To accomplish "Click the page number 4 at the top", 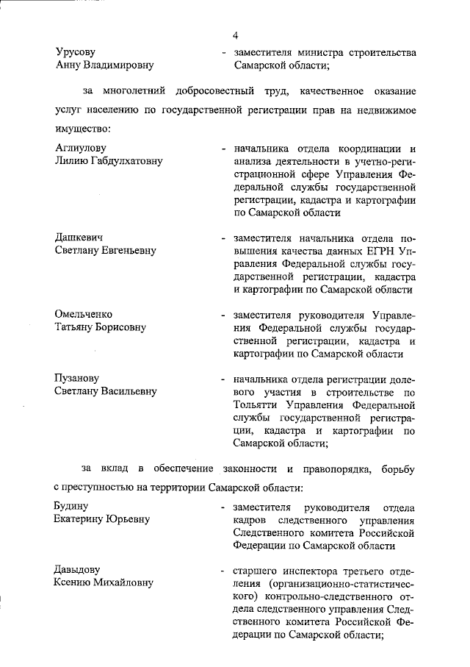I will point(236,35).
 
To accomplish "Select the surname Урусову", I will point(76,52).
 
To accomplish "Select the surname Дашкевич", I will point(79,238).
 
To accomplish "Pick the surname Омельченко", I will point(82,314).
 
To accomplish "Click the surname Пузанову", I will point(78,379).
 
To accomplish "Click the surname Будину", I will point(71,507).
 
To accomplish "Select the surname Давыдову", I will point(77,570).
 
